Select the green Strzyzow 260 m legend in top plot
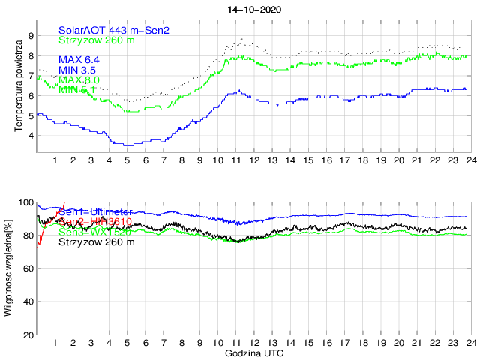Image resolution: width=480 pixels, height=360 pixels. click(97, 40)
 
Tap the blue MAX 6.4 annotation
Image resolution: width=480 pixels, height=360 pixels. click(79, 59)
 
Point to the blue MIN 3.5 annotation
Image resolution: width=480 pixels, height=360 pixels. click(78, 70)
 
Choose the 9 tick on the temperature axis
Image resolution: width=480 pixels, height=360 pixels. click(30, 35)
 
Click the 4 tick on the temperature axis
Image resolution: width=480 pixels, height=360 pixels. click(30, 136)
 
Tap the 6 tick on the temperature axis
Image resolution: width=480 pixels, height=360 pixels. click(30, 96)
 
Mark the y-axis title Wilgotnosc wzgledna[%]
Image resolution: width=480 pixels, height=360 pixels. click(8, 268)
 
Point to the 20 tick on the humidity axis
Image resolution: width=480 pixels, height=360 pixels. click(28, 334)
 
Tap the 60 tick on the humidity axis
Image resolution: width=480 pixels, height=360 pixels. click(28, 268)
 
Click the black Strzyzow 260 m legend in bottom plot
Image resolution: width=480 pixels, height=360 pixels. click(97, 242)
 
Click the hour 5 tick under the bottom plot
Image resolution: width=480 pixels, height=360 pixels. click(127, 343)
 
